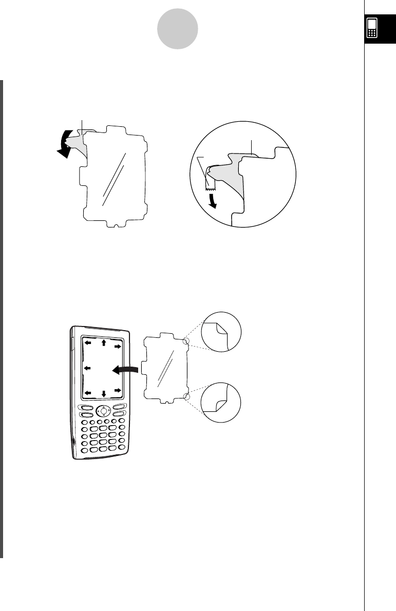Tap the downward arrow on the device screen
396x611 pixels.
pyautogui.click(x=103, y=394)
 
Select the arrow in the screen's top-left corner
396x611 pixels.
pyautogui.click(x=88, y=342)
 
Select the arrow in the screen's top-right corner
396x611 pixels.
pyautogui.click(x=118, y=347)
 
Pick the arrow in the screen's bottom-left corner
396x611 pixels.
pyautogui.click(x=88, y=393)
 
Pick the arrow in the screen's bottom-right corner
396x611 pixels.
pyautogui.click(x=118, y=391)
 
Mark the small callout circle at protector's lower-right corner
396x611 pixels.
pyautogui.click(x=186, y=396)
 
